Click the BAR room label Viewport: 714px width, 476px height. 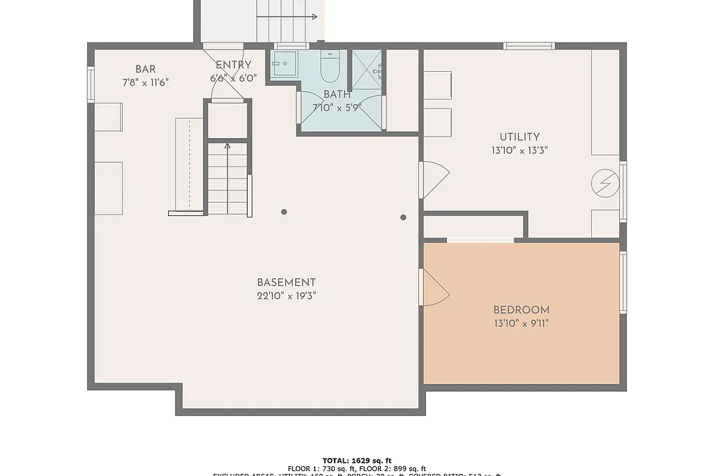(145, 69)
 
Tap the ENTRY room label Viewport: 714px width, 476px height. (233, 66)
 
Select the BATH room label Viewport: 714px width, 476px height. (337, 94)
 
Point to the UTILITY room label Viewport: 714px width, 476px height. (519, 137)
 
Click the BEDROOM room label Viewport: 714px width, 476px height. (521, 310)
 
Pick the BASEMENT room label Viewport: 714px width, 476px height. (286, 282)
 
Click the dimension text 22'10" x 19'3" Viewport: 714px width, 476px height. (286, 295)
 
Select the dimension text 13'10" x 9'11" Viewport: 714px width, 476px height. (521, 323)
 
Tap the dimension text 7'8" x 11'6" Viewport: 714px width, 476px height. (145, 82)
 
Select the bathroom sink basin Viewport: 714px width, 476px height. (284, 63)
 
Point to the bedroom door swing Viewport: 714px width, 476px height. (434, 288)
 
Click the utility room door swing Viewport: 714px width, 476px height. (434, 179)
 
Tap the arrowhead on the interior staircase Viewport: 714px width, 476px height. (227, 146)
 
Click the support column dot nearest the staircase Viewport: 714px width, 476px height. (284, 212)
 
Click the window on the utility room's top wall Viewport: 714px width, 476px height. (529, 46)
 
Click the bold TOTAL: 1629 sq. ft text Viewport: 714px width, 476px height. (357, 461)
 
